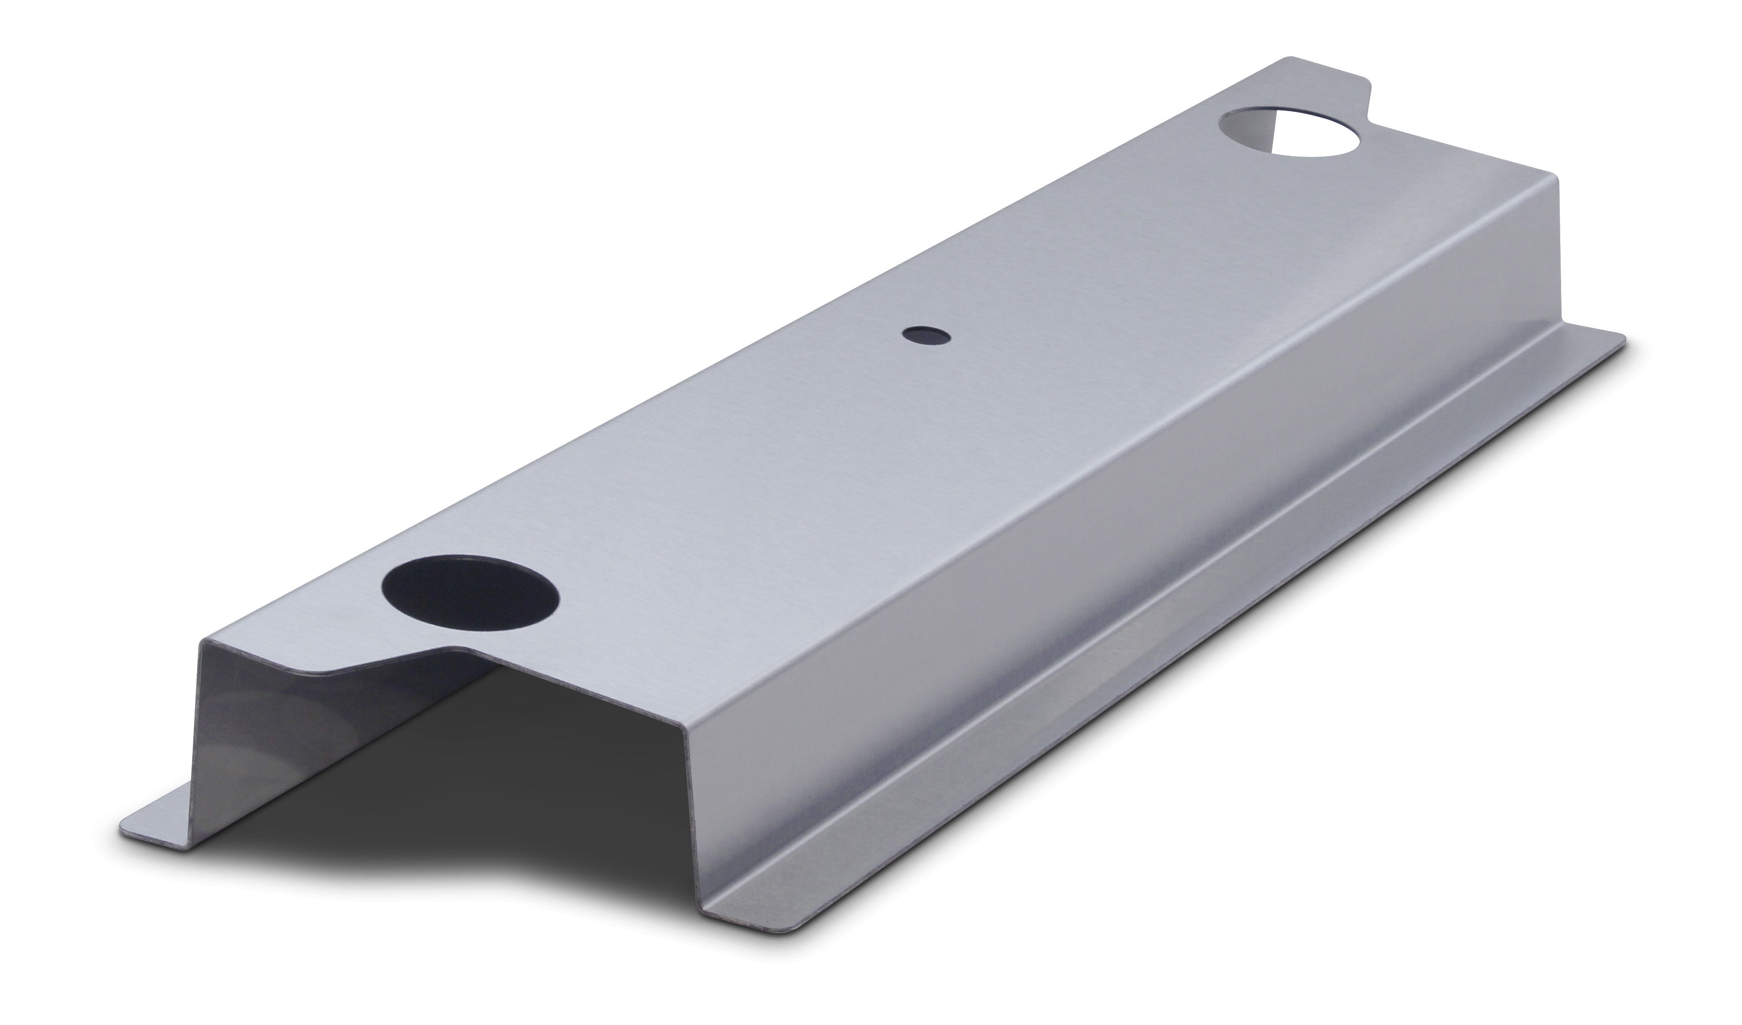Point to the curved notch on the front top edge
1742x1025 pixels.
(387, 660)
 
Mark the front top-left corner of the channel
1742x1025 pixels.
(202, 641)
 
